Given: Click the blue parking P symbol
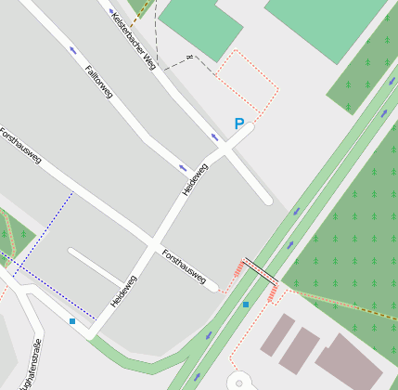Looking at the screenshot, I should [x=238, y=123].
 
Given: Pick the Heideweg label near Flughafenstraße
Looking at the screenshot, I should [x=123, y=292].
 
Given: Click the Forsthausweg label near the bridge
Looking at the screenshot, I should [x=184, y=266].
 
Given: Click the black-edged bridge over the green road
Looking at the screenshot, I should [x=260, y=270].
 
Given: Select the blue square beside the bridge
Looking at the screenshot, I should [x=246, y=304].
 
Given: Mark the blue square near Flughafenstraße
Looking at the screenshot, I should [x=71, y=321].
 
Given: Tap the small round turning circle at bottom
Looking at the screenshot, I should [x=238, y=382].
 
